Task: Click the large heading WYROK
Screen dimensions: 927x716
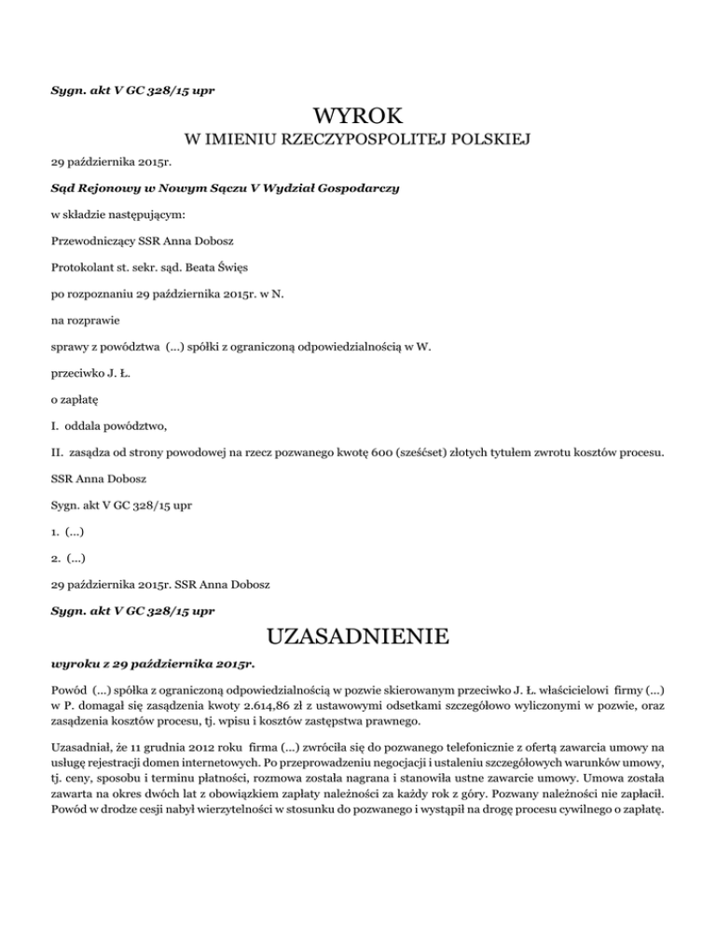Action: point(358,118)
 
